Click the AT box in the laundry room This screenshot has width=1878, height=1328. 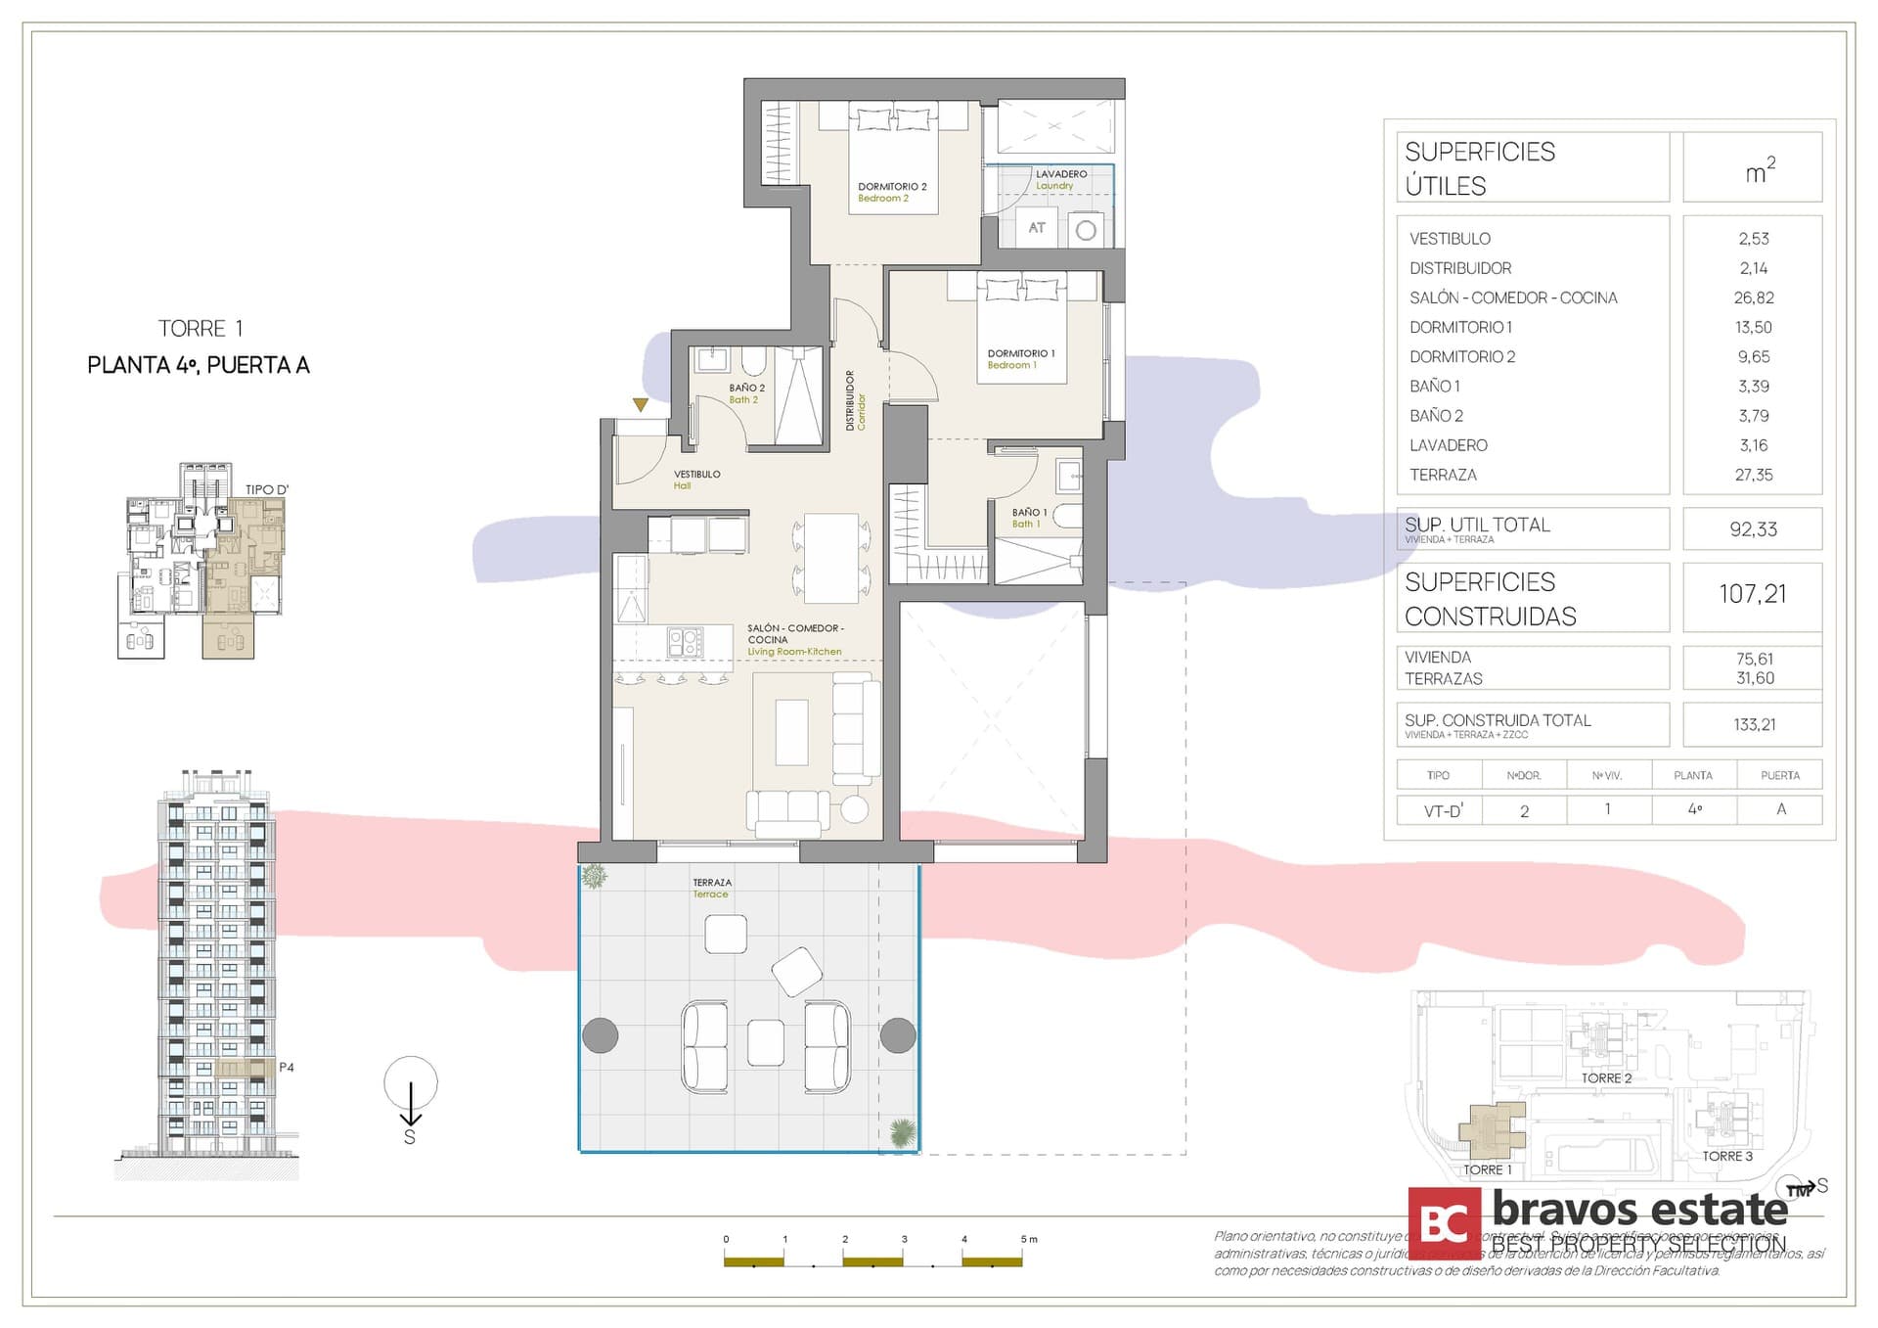click(x=1037, y=228)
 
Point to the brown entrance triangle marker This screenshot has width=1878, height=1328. click(x=640, y=404)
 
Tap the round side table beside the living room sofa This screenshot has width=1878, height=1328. click(x=854, y=808)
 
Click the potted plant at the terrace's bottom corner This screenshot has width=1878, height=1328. click(x=903, y=1133)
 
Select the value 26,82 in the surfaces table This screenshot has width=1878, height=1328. click(x=1753, y=298)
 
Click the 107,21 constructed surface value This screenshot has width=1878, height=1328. click(x=1752, y=594)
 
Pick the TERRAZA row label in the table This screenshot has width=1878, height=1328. click(x=1443, y=475)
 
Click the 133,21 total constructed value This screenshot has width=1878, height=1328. click(x=1754, y=725)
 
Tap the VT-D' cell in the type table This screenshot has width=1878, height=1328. click(x=1443, y=810)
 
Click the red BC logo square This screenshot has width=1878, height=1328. click(x=1444, y=1223)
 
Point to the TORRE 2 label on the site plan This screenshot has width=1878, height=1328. click(x=1606, y=1078)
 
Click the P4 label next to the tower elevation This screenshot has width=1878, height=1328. click(x=287, y=1068)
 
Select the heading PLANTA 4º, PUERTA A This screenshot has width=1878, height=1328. click(x=199, y=365)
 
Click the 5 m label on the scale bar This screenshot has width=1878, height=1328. click(x=1028, y=1239)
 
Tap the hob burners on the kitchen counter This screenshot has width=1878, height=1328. click(x=685, y=642)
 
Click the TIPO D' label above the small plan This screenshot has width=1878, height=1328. click(x=267, y=489)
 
